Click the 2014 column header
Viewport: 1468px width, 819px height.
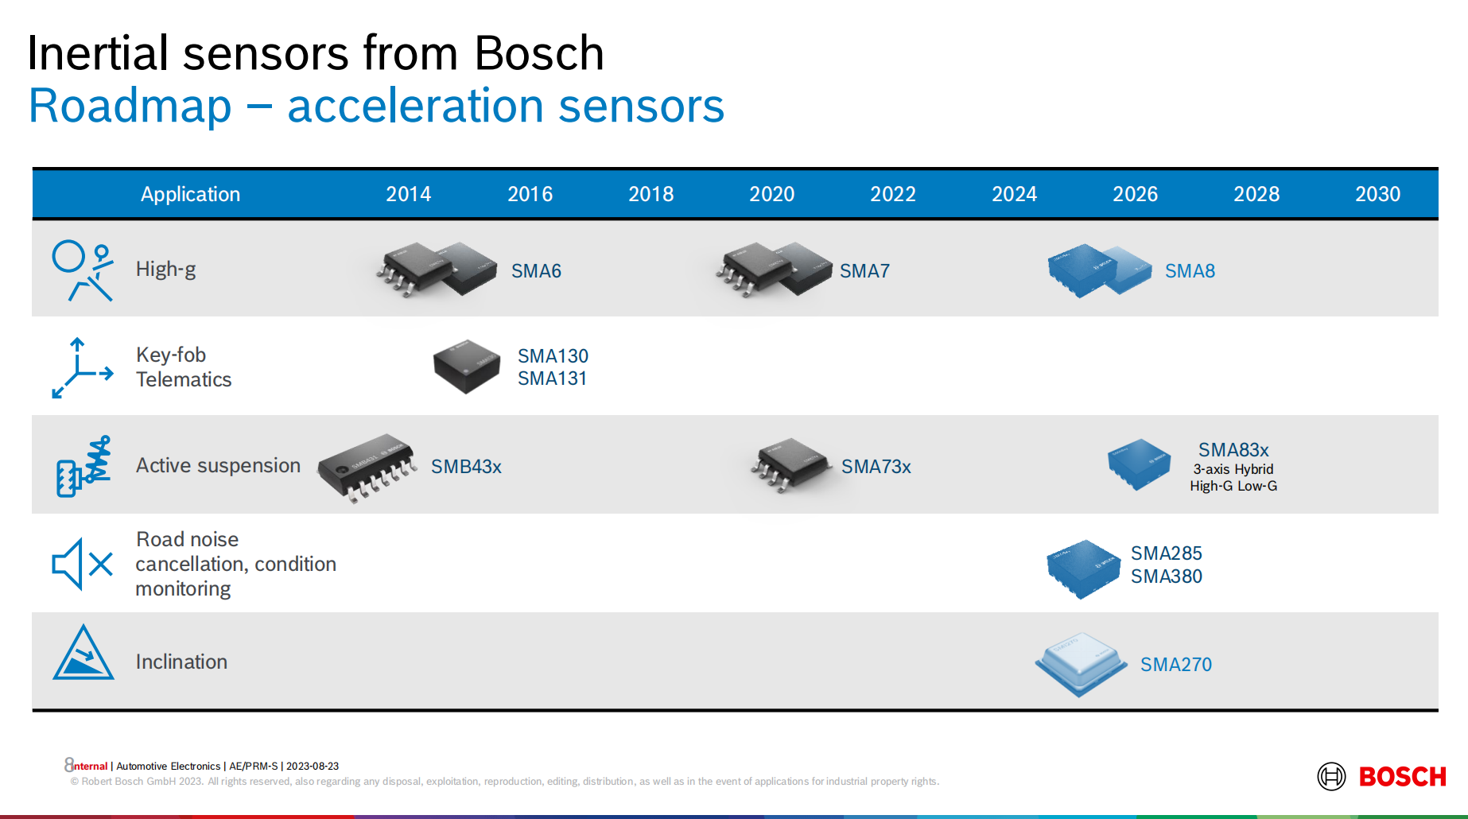[x=408, y=194]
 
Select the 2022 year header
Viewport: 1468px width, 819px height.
[x=892, y=194]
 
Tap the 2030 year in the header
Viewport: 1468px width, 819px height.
[x=1377, y=194]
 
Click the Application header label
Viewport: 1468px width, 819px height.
[x=190, y=195]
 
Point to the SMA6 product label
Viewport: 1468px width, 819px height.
[x=536, y=271]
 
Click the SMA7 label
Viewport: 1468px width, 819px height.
[x=864, y=271]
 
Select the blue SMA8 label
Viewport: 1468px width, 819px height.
[x=1190, y=271]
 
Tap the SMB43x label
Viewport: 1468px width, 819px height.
[x=466, y=467]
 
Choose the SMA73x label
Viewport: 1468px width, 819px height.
[x=876, y=467]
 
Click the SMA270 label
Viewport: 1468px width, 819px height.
[x=1175, y=665]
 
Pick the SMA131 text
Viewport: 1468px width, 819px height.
[x=552, y=378]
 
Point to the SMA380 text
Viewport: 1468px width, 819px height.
[x=1166, y=576]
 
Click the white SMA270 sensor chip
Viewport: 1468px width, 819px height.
[x=1081, y=664]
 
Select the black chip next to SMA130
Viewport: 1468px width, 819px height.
[x=467, y=366]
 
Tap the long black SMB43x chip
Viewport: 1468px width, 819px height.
[x=367, y=467]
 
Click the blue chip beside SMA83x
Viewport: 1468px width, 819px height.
[x=1140, y=464]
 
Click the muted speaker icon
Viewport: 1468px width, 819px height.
[x=82, y=564]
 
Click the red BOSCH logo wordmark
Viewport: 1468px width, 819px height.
[x=1402, y=777]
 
